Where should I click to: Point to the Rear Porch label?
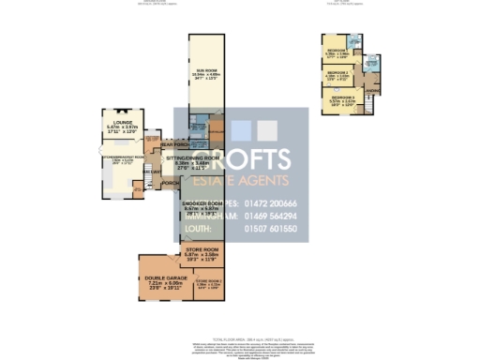[x=173, y=144]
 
